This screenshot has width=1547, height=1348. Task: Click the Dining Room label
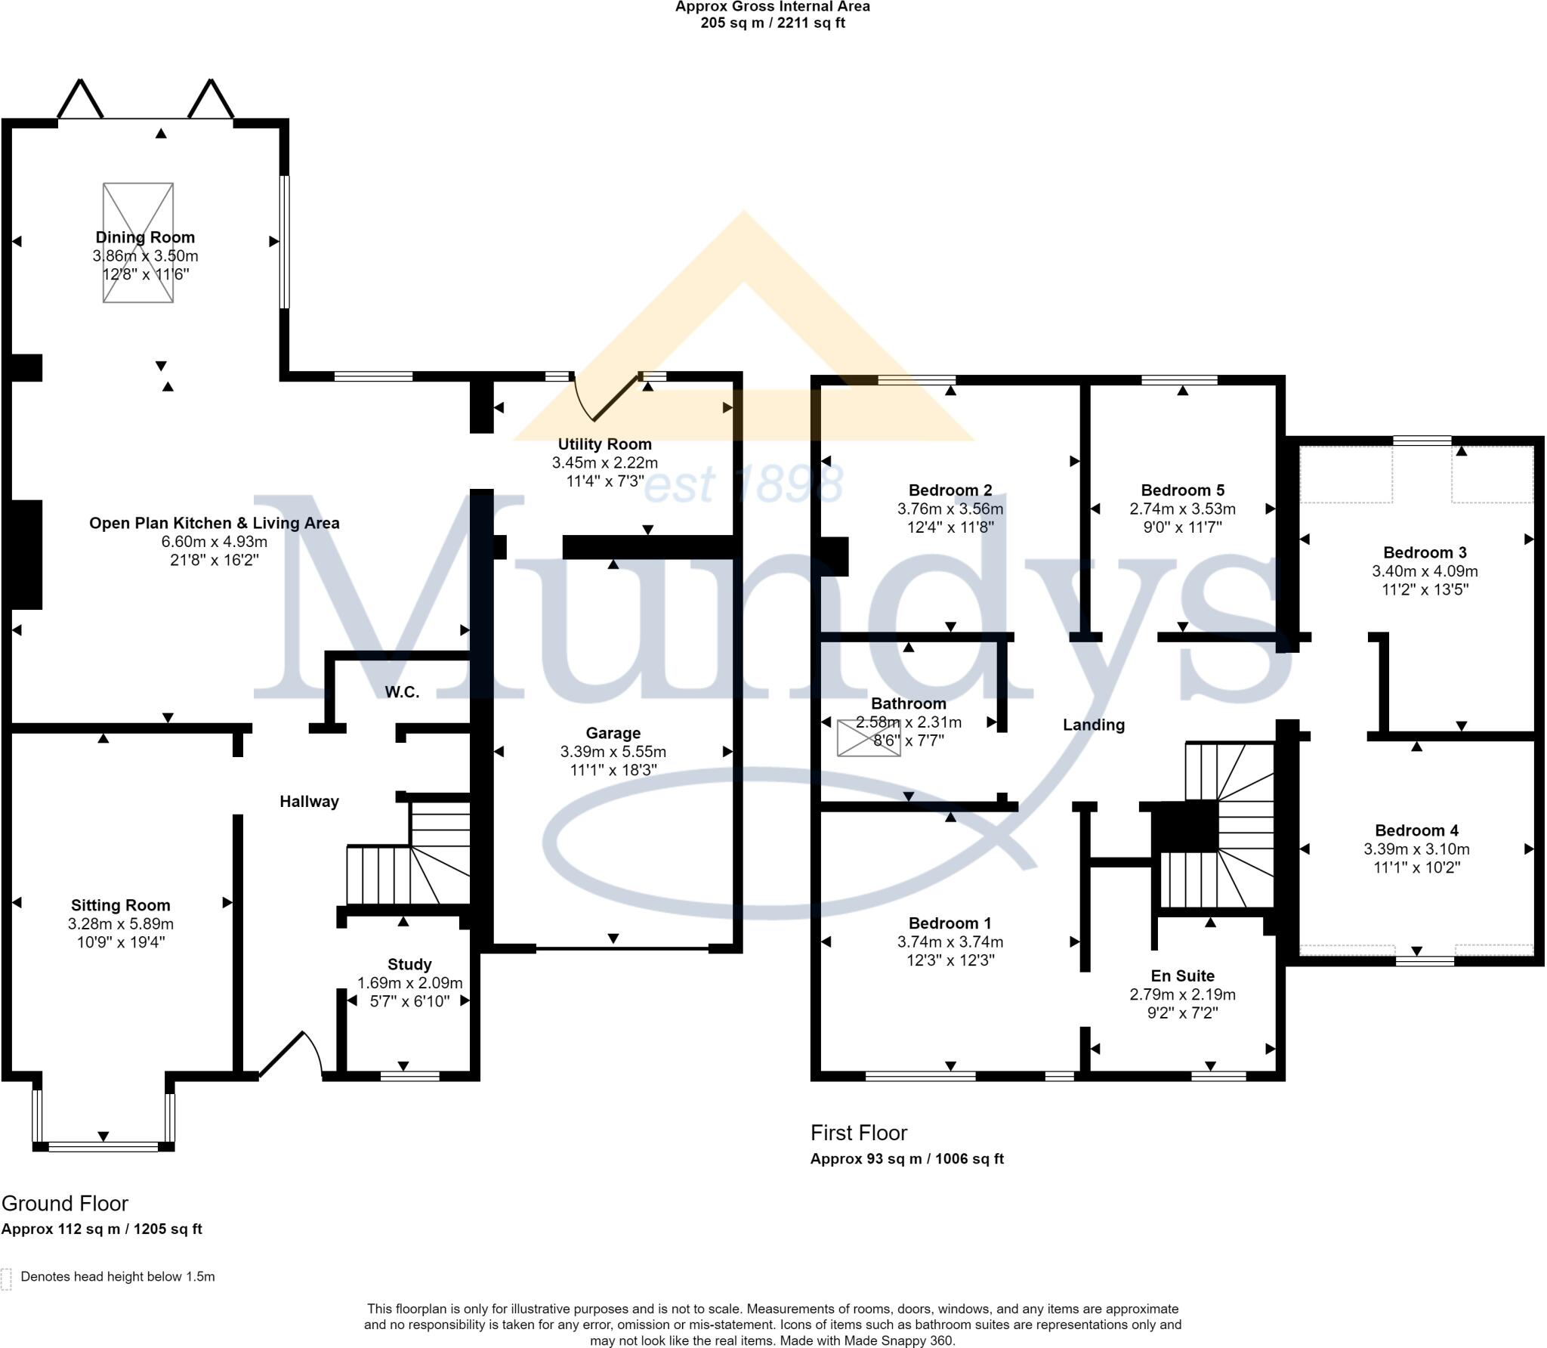point(145,237)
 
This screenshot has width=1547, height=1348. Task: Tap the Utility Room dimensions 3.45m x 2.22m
point(604,462)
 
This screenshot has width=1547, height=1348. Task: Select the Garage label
point(613,733)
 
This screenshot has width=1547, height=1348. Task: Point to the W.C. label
point(402,692)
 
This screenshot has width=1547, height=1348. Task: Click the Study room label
point(409,964)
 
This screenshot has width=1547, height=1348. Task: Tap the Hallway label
point(309,802)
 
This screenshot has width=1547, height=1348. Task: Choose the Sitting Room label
point(121,905)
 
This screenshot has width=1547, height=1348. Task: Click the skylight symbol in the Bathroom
point(868,738)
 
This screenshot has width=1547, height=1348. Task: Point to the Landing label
point(1094,725)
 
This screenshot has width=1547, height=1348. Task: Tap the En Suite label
point(1182,975)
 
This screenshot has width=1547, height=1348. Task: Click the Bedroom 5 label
point(1182,490)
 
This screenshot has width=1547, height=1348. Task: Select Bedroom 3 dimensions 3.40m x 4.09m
point(1425,571)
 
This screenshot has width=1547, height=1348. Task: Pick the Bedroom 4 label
point(1416,830)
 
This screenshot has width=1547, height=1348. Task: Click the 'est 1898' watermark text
point(743,484)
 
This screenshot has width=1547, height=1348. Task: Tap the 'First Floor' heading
point(859,1133)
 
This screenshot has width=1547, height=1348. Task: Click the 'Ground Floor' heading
point(65,1204)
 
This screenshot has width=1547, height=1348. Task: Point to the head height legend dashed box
point(7,1278)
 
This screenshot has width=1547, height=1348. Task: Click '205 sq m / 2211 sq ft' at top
point(772,23)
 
